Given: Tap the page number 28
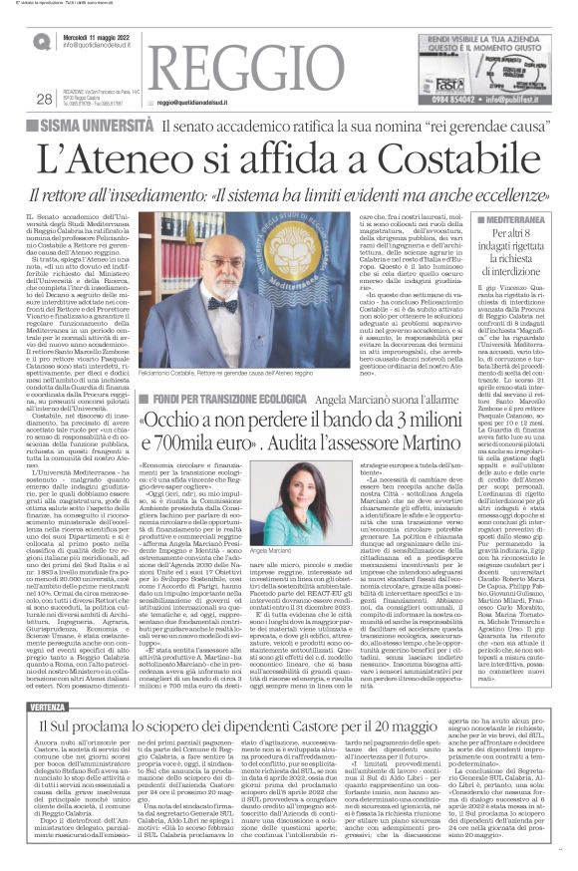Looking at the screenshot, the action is tap(43, 98).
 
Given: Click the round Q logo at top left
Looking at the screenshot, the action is tap(41, 40).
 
